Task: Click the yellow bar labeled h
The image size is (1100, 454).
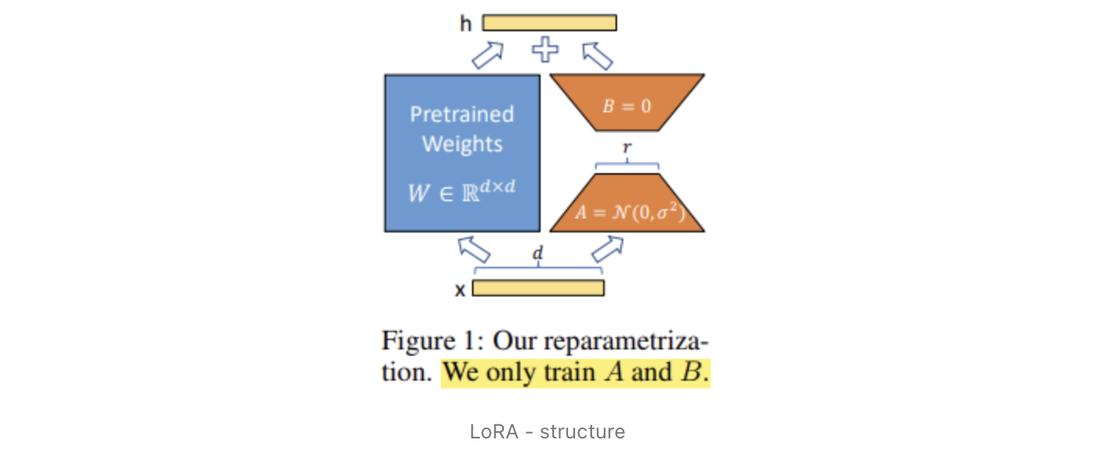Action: pyautogui.click(x=549, y=23)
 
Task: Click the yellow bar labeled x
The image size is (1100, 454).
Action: pyautogui.click(x=538, y=288)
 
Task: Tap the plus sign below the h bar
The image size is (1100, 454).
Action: pyautogui.click(x=545, y=51)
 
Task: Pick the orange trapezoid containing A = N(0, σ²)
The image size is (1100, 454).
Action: pyautogui.click(x=626, y=204)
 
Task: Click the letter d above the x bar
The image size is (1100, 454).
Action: pyautogui.click(x=538, y=254)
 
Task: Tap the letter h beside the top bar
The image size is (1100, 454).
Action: pyautogui.click(x=466, y=23)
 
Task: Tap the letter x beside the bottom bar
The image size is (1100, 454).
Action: pyautogui.click(x=460, y=289)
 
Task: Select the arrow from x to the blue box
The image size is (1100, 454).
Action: pyautogui.click(x=473, y=250)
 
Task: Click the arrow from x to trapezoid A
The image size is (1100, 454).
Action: pyautogui.click(x=608, y=250)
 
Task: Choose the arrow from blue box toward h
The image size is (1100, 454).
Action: pyautogui.click(x=488, y=54)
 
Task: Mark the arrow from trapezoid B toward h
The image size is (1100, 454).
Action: pyautogui.click(x=598, y=54)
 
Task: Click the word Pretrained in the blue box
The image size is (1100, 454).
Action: pyautogui.click(x=462, y=115)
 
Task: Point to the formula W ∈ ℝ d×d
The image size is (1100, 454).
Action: pyautogui.click(x=462, y=190)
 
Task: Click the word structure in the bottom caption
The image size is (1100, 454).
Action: pyautogui.click(x=582, y=431)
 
